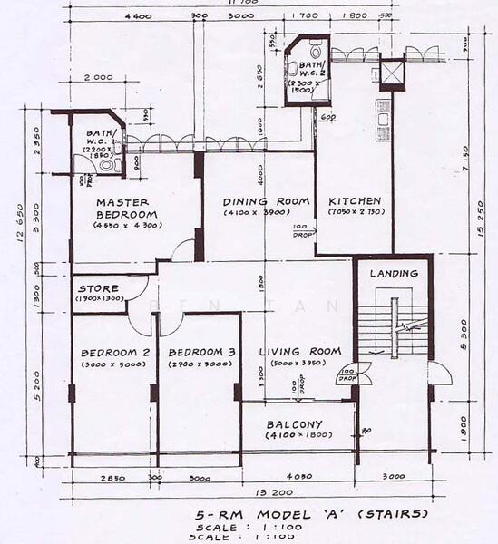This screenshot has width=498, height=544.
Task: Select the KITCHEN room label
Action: point(355,200)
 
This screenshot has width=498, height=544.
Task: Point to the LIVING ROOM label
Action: point(299,351)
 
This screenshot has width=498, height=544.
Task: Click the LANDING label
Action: point(394,273)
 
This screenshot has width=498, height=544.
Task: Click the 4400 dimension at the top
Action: point(138,16)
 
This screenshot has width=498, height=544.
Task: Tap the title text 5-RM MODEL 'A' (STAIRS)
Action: point(310,513)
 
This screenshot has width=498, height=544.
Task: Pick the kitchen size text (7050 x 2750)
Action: point(355,212)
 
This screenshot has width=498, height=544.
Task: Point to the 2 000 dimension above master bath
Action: point(98,78)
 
